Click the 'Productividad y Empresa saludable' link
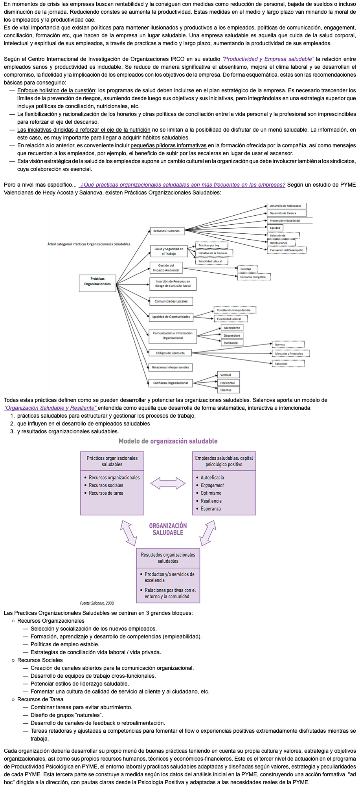[x=268, y=59]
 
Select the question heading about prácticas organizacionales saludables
[x=183, y=185]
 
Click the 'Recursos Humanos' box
[x=167, y=231]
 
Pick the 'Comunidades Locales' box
[x=171, y=301]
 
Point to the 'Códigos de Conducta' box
[x=170, y=353]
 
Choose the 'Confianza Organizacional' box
[x=170, y=383]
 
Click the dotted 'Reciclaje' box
[x=247, y=269]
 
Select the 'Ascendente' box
[x=231, y=328]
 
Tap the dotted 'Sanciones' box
[x=288, y=364]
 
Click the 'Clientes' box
[x=228, y=390]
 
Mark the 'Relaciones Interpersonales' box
[x=171, y=367]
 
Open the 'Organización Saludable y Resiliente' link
[x=51, y=408]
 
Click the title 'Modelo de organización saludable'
[x=168, y=441]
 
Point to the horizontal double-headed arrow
[x=168, y=483]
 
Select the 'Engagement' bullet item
[x=212, y=485]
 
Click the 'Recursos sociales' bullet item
[x=106, y=485]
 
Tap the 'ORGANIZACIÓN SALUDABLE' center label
[x=168, y=529]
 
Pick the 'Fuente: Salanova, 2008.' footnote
[x=97, y=603]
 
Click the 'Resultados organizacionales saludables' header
[x=168, y=558]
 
